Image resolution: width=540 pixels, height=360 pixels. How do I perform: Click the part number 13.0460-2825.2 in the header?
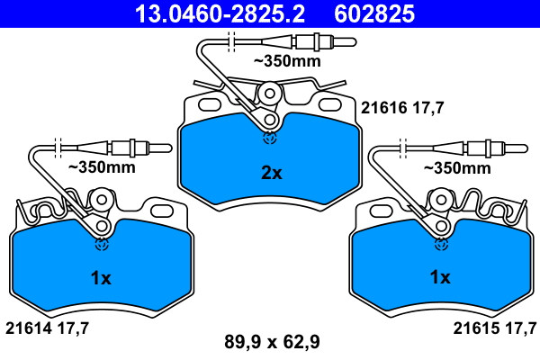220,13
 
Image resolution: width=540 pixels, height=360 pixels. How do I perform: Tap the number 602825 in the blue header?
374,13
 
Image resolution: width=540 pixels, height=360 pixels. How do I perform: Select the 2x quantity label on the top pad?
272,173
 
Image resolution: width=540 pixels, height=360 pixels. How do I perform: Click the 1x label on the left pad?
101,278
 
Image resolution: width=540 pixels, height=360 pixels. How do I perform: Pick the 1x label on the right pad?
440,277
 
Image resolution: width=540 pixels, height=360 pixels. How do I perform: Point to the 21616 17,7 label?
402,108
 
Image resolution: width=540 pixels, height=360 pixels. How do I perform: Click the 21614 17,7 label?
47,328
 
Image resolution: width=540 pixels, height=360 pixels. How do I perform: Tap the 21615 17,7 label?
495,328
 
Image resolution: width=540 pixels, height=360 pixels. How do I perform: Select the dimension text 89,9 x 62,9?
272,342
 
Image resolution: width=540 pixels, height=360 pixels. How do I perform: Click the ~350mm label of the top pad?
287,61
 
